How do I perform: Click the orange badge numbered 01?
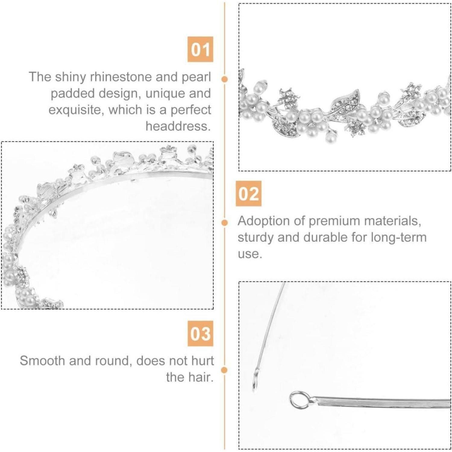coord(200,49)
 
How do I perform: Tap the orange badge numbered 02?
coord(248,193)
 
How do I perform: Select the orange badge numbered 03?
coord(200,334)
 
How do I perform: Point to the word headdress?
coord(178,126)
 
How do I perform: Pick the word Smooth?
coord(42,361)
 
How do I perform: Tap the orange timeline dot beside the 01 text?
coord(224,79)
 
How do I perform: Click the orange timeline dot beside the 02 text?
coord(224,223)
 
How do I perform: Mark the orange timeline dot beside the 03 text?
coord(224,370)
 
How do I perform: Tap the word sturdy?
coord(255,237)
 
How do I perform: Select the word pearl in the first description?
coord(196,77)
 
